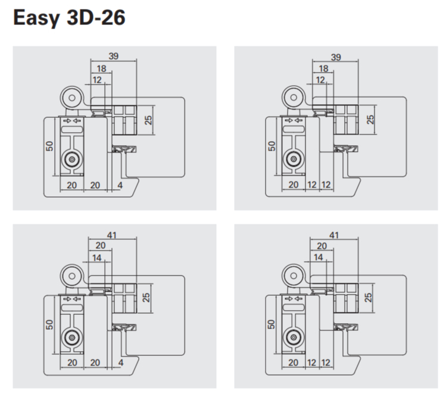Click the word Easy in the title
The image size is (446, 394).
point(36,18)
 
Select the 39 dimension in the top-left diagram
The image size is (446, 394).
point(113,56)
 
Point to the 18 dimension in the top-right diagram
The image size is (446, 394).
point(323,68)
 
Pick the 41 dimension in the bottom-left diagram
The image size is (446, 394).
point(113,234)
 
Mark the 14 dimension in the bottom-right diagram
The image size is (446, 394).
point(319,257)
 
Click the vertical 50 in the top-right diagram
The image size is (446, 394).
point(272,146)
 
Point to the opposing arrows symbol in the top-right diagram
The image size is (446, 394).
point(292,121)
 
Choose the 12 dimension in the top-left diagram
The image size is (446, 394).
point(97,80)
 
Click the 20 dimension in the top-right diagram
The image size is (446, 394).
point(294,185)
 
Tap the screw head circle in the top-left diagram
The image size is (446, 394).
point(72,159)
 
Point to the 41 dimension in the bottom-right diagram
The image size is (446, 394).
point(333,234)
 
